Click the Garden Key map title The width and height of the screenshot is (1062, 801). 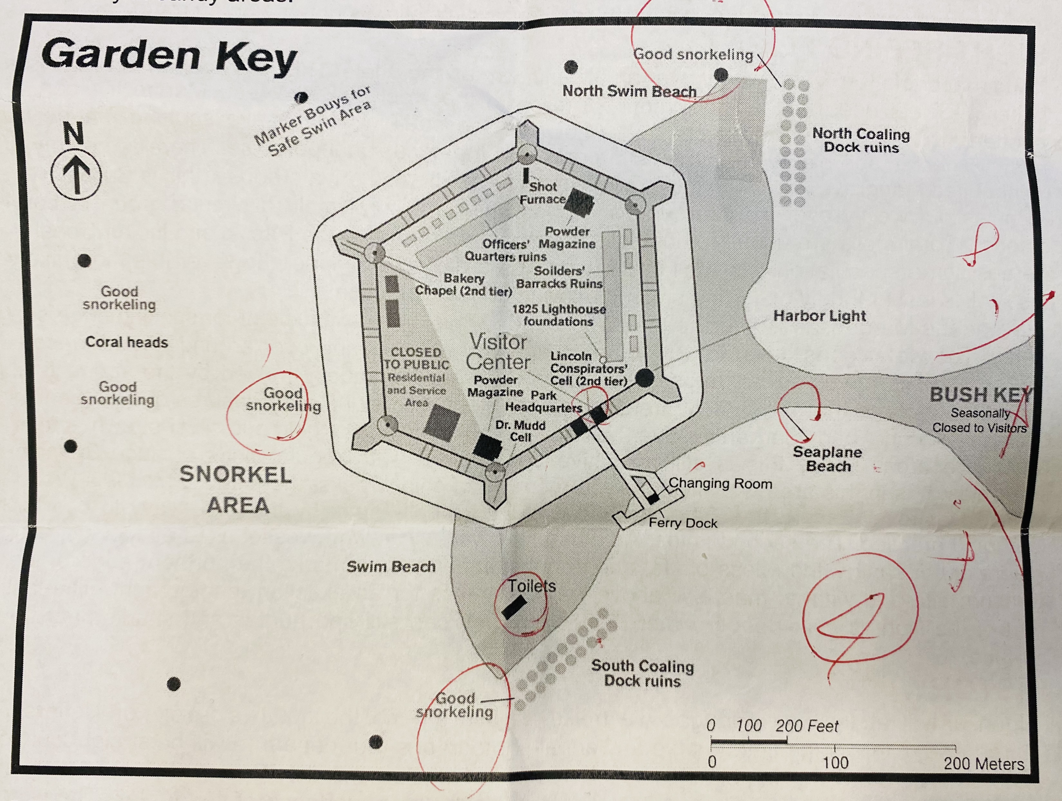[x=169, y=57]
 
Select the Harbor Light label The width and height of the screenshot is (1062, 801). [x=819, y=316]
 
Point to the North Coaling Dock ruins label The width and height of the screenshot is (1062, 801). [x=861, y=140]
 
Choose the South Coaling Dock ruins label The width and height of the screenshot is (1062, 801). [x=642, y=673]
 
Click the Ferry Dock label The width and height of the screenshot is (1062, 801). [x=683, y=523]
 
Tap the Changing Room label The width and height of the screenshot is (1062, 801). [x=720, y=483]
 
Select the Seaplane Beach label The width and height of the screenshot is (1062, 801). [x=827, y=459]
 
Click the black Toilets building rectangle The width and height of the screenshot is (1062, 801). [x=514, y=607]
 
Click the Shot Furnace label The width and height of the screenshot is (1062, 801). [x=543, y=193]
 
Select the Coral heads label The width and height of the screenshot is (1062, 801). [x=127, y=342]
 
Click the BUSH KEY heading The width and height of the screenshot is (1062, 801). [x=980, y=395]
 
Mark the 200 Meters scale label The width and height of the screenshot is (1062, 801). [x=983, y=764]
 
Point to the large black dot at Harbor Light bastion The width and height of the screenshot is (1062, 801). [x=645, y=378]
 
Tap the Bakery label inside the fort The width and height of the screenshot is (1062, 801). [x=463, y=278]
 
